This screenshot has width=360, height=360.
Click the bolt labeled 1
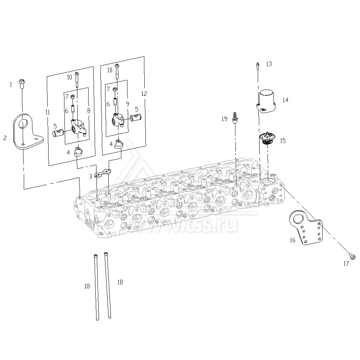coord(22,84)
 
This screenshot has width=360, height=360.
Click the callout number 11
coord(48,112)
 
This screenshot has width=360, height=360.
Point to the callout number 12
coord(144,94)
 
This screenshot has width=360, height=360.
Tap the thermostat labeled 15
coord(267,139)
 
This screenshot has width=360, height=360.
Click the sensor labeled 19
coord(235,118)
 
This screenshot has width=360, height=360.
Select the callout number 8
coord(89,111)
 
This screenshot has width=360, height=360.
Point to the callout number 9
coord(128,104)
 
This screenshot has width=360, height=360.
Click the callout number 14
coord(285,100)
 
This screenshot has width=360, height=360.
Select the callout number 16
coord(292,240)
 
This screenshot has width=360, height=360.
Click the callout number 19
coord(224,119)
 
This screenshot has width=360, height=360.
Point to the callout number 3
coord(90,176)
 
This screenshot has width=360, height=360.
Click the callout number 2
coord(5,138)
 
